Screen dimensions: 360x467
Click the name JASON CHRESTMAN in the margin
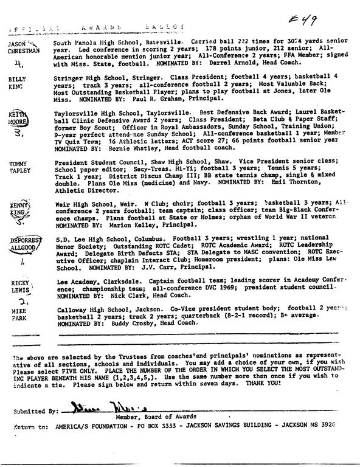click(x=22, y=48)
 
